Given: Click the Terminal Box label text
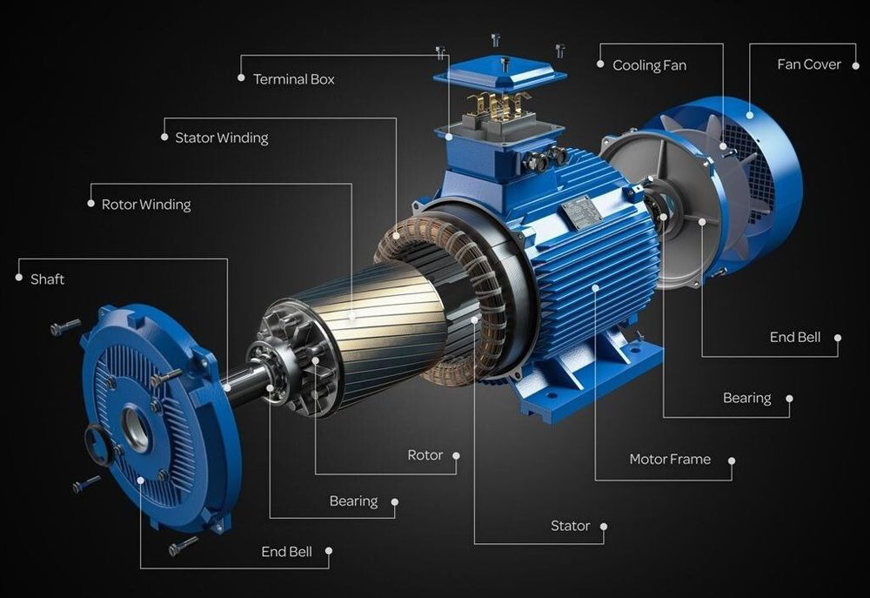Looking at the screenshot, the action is point(293,79).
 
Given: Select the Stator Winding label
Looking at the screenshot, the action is point(221,138).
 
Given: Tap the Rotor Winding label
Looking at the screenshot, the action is point(146,205).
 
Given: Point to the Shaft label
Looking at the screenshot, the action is point(47,279).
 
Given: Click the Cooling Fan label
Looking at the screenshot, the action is point(649,65).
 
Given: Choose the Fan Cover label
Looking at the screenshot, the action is point(809,64).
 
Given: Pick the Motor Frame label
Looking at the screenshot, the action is point(670,460).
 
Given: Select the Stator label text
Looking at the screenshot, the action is point(570,526).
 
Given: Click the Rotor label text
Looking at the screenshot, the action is point(425,455).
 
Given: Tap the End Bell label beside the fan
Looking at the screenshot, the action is point(794,337).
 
